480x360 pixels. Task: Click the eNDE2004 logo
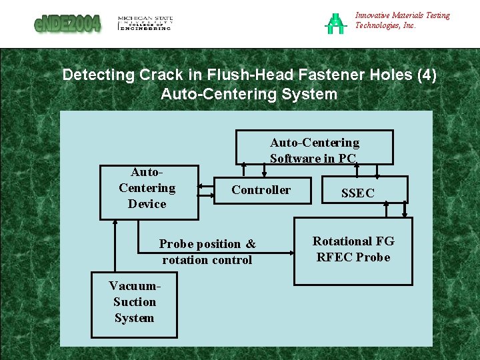tap(67, 24)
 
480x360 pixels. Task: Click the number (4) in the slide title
tap(427, 75)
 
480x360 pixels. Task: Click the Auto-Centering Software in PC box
tap(314, 148)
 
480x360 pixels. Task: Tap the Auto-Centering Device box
tap(149, 192)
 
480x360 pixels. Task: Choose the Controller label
tap(261, 190)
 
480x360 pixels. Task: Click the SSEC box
tap(358, 193)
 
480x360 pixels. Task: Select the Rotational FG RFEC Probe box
tap(353, 250)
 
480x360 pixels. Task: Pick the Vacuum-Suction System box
tap(134, 302)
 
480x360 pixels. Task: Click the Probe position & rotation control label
tap(207, 252)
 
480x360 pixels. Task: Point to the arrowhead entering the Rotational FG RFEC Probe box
tap(291, 253)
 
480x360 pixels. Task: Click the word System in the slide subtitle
tap(309, 94)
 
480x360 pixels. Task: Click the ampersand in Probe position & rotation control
tap(251, 244)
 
